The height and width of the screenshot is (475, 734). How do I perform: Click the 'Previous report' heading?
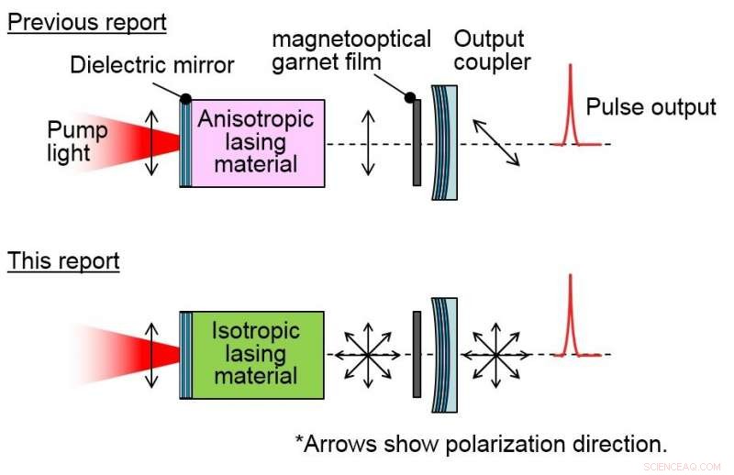(87, 21)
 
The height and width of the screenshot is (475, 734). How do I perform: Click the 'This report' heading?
(63, 260)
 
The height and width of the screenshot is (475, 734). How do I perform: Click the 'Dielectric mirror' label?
(152, 64)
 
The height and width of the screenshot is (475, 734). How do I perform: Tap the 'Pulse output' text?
(651, 107)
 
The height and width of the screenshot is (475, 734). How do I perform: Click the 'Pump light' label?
(77, 141)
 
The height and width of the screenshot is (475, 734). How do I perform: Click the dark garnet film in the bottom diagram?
(417, 354)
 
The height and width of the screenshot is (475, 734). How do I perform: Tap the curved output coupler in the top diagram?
(446, 142)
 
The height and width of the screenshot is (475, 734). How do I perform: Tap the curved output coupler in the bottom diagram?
(446, 354)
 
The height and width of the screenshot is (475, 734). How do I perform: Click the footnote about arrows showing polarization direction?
(481, 444)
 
